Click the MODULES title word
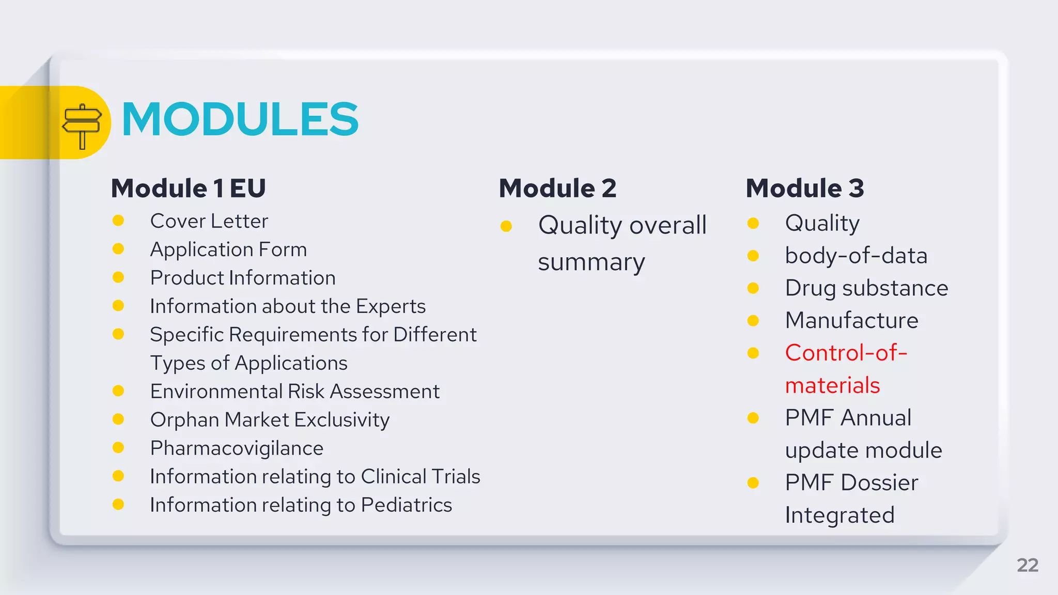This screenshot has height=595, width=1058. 240,120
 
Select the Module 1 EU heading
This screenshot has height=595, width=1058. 189,188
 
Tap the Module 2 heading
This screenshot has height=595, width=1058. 557,188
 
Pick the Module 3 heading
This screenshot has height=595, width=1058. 805,188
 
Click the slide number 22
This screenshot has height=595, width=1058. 1027,565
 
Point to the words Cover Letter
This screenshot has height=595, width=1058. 209,221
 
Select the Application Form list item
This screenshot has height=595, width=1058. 228,249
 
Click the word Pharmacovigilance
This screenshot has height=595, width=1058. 237,448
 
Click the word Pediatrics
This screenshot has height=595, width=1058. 407,505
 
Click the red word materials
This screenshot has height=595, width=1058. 832,386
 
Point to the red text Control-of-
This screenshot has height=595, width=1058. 846,353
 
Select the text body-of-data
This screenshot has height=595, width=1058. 856,256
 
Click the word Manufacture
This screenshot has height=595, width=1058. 851,321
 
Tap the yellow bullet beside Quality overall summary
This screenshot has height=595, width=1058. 506,226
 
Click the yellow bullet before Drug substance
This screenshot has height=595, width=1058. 753,288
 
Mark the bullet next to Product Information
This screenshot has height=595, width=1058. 118,278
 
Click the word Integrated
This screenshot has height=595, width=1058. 839,515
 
